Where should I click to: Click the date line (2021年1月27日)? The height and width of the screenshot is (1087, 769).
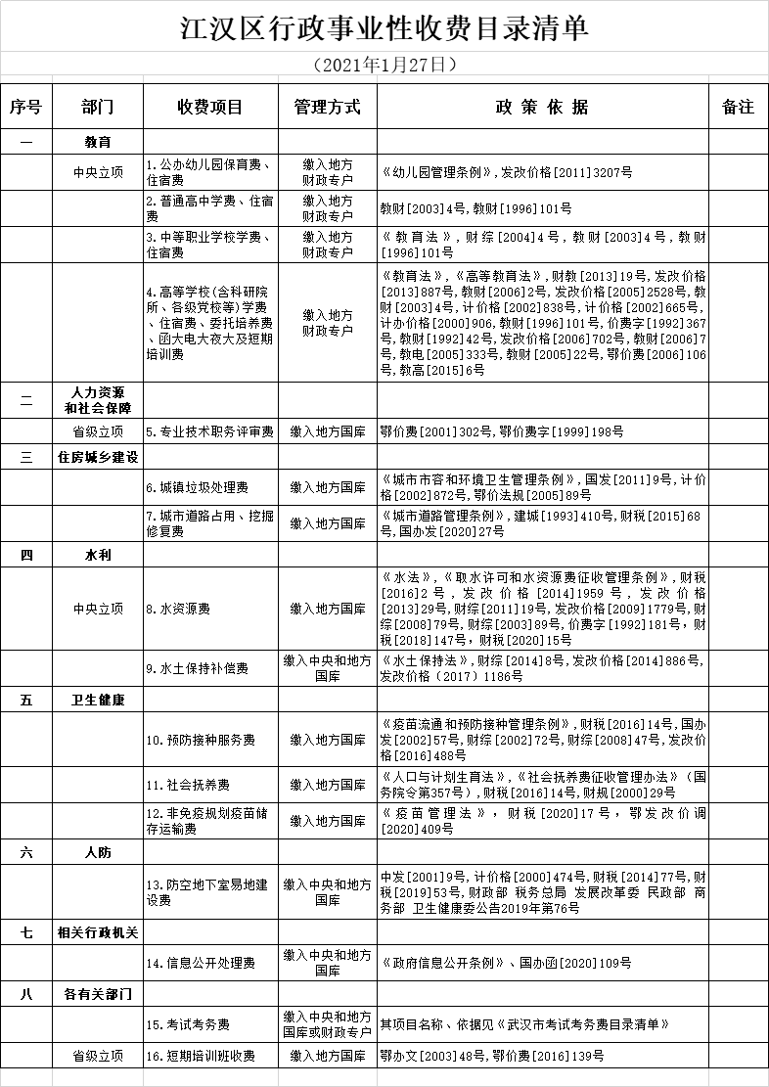click(x=384, y=66)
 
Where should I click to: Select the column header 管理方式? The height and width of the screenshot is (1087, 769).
click(x=328, y=107)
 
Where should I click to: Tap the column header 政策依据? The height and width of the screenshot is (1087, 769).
click(x=542, y=107)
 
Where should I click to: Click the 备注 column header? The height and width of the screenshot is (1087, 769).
click(x=738, y=107)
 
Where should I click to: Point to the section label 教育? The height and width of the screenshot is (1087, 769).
click(x=98, y=142)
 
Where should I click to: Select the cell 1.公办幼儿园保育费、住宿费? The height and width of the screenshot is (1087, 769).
click(x=210, y=172)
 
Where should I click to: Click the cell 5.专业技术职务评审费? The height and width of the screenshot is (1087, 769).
click(x=210, y=430)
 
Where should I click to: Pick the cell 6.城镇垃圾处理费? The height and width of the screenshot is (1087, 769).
click(x=210, y=487)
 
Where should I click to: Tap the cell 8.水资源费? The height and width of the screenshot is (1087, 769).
click(x=210, y=609)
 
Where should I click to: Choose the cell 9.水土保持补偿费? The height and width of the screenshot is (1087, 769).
click(x=210, y=669)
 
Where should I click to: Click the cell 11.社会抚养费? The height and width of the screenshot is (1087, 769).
click(x=210, y=785)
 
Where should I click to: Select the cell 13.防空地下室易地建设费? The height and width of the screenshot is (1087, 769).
click(x=210, y=892)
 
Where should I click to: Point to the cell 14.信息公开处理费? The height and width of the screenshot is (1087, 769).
click(x=210, y=963)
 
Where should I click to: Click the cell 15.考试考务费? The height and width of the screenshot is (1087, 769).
click(x=210, y=1024)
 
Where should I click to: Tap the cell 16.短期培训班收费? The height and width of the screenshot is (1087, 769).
click(x=210, y=1056)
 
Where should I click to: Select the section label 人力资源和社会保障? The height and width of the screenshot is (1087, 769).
click(x=98, y=399)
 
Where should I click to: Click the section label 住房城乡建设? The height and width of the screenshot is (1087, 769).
click(x=98, y=457)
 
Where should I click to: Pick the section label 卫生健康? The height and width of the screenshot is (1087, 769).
click(x=98, y=701)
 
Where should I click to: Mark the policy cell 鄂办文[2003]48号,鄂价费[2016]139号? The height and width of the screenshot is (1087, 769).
click(x=542, y=1056)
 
